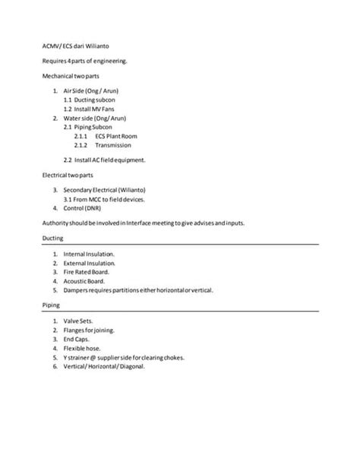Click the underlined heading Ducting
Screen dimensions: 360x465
coord(53,239)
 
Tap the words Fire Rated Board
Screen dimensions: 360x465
coord(87,271)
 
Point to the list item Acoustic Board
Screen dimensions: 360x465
coord(84,280)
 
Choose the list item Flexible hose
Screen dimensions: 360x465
coord(83,347)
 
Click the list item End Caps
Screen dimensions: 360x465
coord(79,339)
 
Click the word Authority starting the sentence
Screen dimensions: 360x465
coord(55,222)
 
